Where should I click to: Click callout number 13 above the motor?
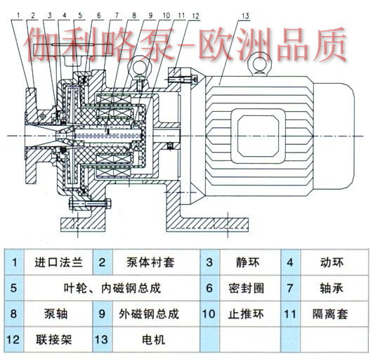click(x=245, y=16)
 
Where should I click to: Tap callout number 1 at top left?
click(x=18, y=15)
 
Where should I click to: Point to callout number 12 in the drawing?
click(x=195, y=16)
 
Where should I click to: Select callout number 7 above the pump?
click(x=117, y=15)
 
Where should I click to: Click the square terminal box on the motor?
click(x=258, y=136)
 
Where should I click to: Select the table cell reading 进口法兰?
click(x=58, y=262)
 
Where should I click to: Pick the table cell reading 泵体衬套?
click(x=150, y=262)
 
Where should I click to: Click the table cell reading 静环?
click(x=247, y=262)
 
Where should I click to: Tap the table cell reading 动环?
click(x=332, y=262)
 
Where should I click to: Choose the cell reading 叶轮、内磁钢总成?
click(x=112, y=288)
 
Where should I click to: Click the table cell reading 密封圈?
click(x=247, y=288)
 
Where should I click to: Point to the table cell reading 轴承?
click(x=332, y=288)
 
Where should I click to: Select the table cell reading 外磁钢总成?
click(x=149, y=314)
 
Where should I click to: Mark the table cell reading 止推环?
click(x=246, y=314)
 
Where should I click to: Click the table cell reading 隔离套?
click(x=330, y=314)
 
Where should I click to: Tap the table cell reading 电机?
click(x=153, y=340)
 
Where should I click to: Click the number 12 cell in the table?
click(x=13, y=340)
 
